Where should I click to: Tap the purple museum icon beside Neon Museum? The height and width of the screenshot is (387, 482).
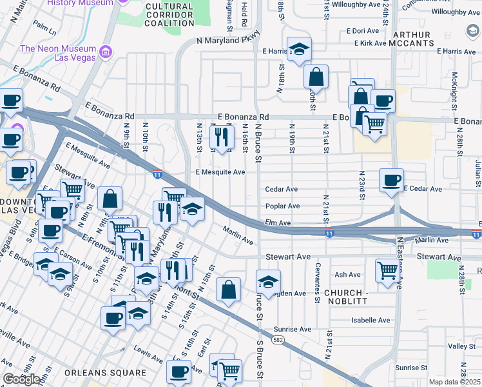[107, 50]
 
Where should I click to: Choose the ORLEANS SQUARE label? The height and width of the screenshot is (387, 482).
[105, 373]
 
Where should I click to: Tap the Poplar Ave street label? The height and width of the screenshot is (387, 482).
[283, 206]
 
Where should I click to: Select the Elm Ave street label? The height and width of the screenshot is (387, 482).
[277, 223]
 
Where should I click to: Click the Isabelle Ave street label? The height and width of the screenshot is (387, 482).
[371, 320]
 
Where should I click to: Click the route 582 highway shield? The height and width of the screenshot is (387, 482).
[276, 339]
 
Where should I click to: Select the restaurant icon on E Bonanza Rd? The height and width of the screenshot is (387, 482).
[222, 136]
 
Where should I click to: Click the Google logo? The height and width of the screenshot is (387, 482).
[22, 379]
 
